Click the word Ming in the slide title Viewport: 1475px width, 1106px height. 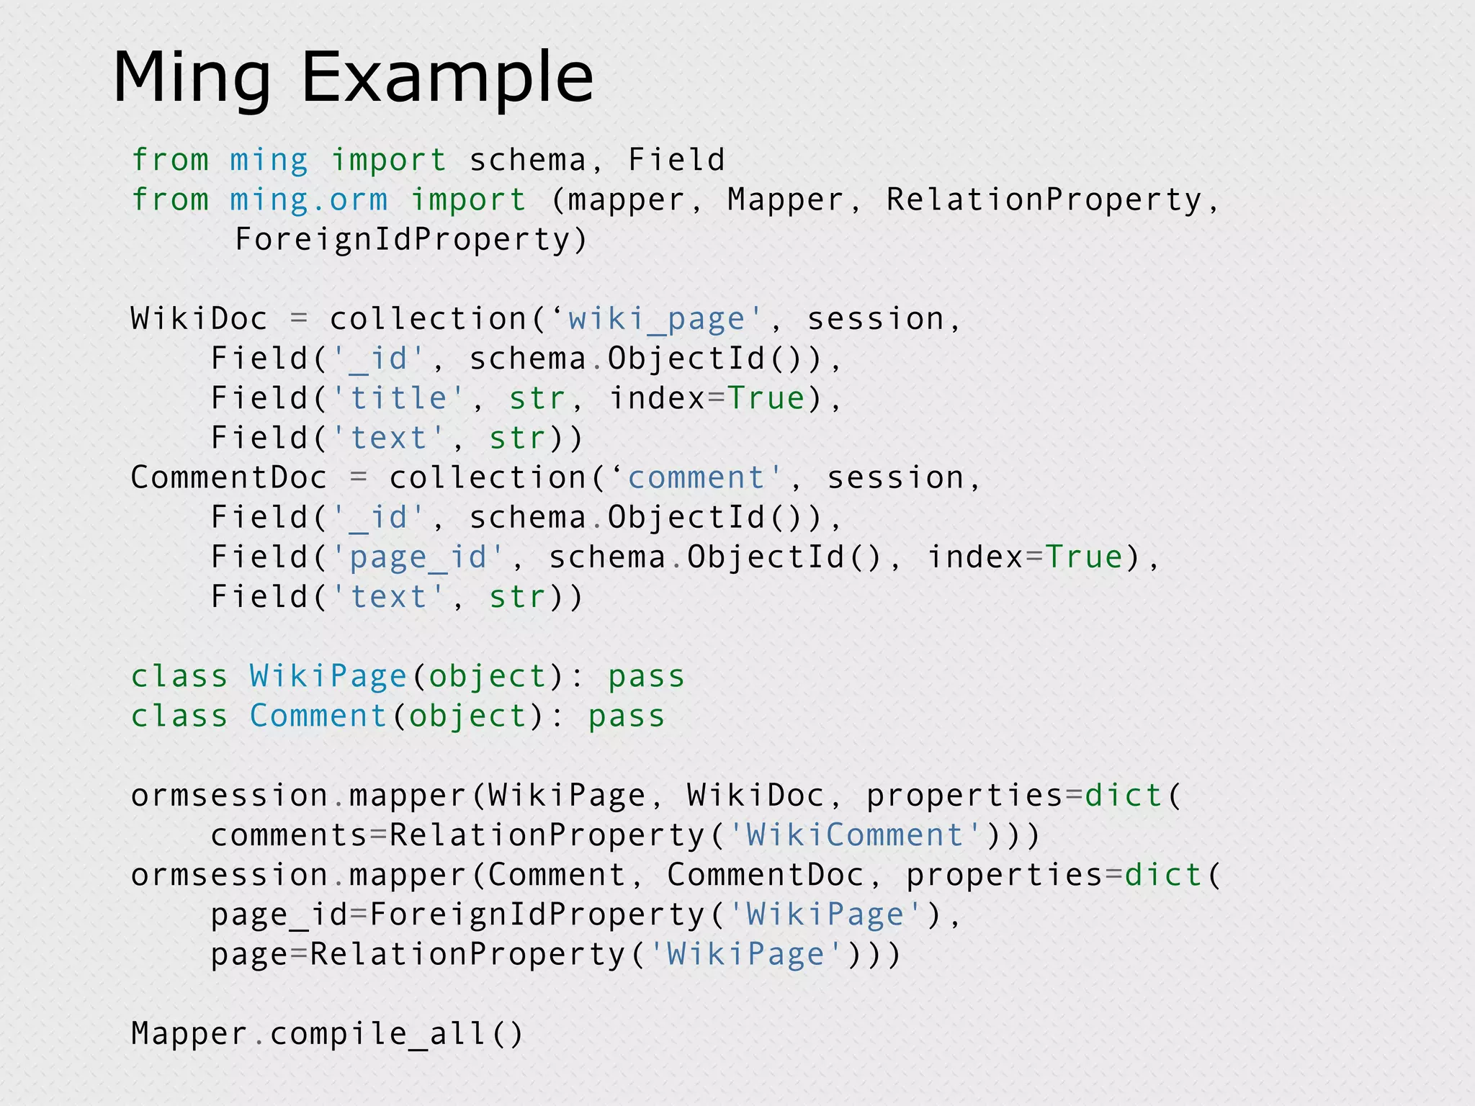point(192,78)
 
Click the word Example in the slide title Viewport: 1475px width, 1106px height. point(447,78)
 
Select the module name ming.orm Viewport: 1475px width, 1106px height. point(308,200)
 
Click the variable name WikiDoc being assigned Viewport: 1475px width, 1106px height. point(199,319)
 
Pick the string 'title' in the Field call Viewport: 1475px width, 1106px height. point(398,398)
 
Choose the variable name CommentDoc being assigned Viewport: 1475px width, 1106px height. point(228,478)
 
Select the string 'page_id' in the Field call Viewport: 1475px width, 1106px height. point(418,557)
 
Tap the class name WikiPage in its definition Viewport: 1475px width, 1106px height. point(328,676)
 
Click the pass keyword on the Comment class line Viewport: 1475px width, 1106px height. point(626,716)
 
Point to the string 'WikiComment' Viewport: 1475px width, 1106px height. point(855,835)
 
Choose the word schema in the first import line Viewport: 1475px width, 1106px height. point(528,160)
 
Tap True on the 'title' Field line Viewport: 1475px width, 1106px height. point(766,398)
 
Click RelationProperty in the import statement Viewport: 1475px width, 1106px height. point(1044,200)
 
